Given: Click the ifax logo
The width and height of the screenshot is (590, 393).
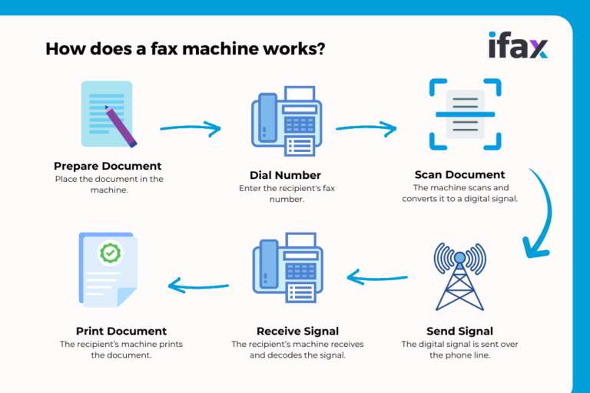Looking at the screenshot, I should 518,45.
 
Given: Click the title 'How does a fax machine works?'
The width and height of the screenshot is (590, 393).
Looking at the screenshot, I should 184,48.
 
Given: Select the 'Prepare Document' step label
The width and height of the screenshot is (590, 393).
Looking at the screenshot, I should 108,166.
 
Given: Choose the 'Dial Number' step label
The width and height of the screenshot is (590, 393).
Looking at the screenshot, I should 285,175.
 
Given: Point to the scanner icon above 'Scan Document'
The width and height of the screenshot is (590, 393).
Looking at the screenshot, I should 465,114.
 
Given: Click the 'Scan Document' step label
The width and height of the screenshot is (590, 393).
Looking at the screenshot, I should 460,174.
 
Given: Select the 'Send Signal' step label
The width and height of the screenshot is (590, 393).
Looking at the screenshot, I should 459,331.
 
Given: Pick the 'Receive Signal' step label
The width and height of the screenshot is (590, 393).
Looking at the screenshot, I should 285,331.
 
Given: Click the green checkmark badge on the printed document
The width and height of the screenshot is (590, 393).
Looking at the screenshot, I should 111,252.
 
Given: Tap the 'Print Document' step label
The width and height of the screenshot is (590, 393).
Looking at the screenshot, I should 121,331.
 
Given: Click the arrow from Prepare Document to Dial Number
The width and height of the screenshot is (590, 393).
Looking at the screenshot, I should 190,128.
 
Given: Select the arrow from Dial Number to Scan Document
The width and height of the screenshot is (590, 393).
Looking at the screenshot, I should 366,128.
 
